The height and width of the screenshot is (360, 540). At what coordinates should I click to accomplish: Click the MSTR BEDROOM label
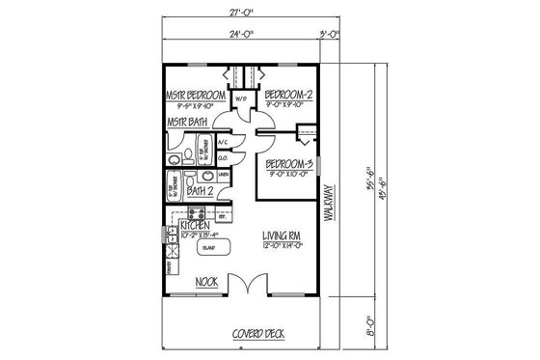pyautogui.click(x=196, y=97)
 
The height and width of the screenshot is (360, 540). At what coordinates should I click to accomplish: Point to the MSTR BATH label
pyautogui.click(x=186, y=124)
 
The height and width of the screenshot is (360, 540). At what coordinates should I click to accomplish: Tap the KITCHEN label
pyautogui.click(x=193, y=224)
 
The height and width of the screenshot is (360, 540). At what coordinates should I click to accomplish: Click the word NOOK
pyautogui.click(x=205, y=282)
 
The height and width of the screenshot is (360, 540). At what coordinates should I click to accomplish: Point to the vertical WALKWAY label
pyautogui.click(x=328, y=203)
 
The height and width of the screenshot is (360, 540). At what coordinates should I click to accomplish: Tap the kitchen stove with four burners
pyautogui.click(x=170, y=251)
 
